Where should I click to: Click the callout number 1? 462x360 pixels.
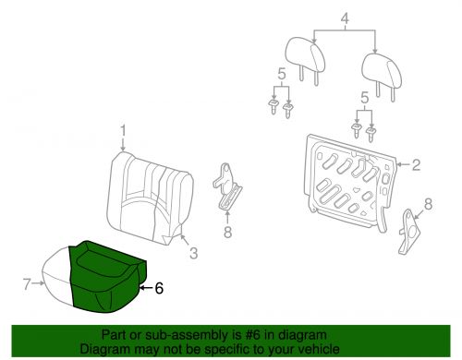(x=122, y=130)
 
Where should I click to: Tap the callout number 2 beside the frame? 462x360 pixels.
(x=416, y=165)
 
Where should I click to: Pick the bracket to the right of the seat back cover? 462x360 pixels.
(x=228, y=189)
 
